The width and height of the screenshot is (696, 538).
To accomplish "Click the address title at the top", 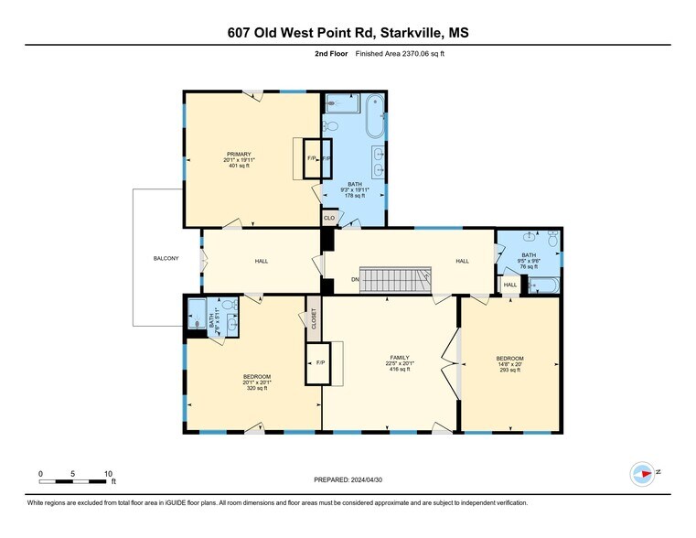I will click(348, 33).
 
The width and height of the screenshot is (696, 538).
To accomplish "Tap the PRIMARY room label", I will click(240, 154).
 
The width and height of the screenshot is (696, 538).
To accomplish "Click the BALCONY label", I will click(166, 259).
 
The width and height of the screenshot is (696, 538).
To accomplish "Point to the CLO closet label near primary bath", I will click(328, 218).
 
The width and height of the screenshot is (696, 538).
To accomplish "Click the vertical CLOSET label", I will click(314, 319).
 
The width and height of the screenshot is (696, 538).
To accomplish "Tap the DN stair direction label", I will click(354, 279).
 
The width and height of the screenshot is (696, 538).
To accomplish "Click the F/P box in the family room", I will click(321, 362).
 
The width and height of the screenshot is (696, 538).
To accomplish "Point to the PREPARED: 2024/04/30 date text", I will click(348, 479).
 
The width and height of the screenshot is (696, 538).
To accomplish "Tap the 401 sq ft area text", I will click(240, 167).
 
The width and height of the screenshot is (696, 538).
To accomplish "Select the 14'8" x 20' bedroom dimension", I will click(509, 364).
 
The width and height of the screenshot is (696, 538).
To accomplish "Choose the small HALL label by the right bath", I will click(510, 285).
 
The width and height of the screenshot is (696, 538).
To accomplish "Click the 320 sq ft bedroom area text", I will click(255, 389).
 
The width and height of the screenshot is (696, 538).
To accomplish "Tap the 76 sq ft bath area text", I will click(529, 267).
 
